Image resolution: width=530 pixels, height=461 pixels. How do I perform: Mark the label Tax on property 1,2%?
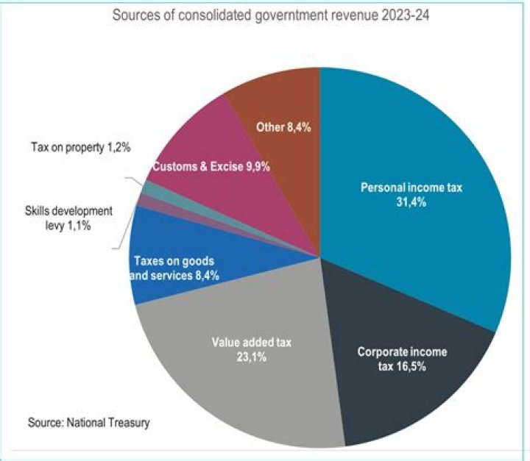[82, 148]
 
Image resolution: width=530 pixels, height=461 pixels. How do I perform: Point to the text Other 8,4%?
[283, 127]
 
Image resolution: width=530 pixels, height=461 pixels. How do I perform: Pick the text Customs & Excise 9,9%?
[211, 167]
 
